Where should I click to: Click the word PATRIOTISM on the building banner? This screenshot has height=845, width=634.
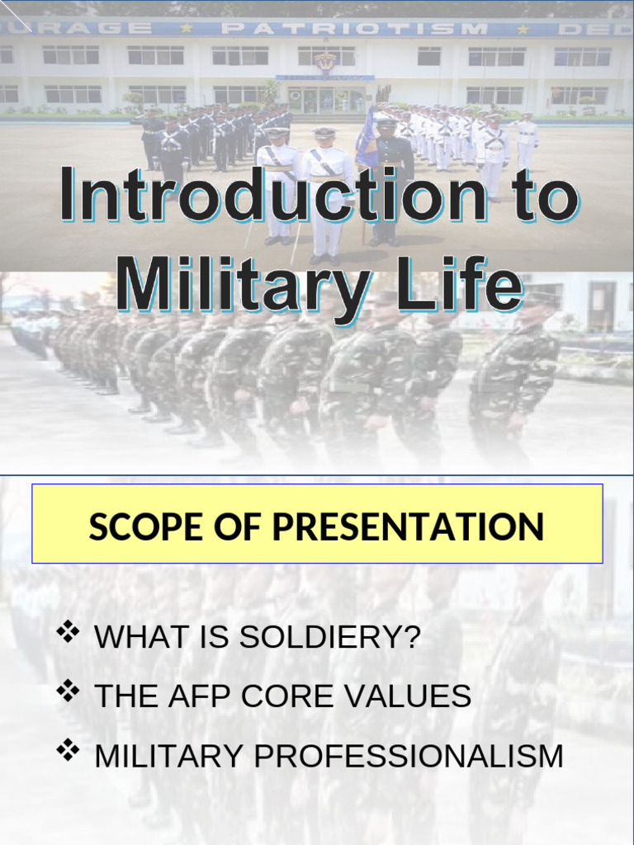point(356,28)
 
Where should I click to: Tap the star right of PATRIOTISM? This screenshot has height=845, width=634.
point(522,29)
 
